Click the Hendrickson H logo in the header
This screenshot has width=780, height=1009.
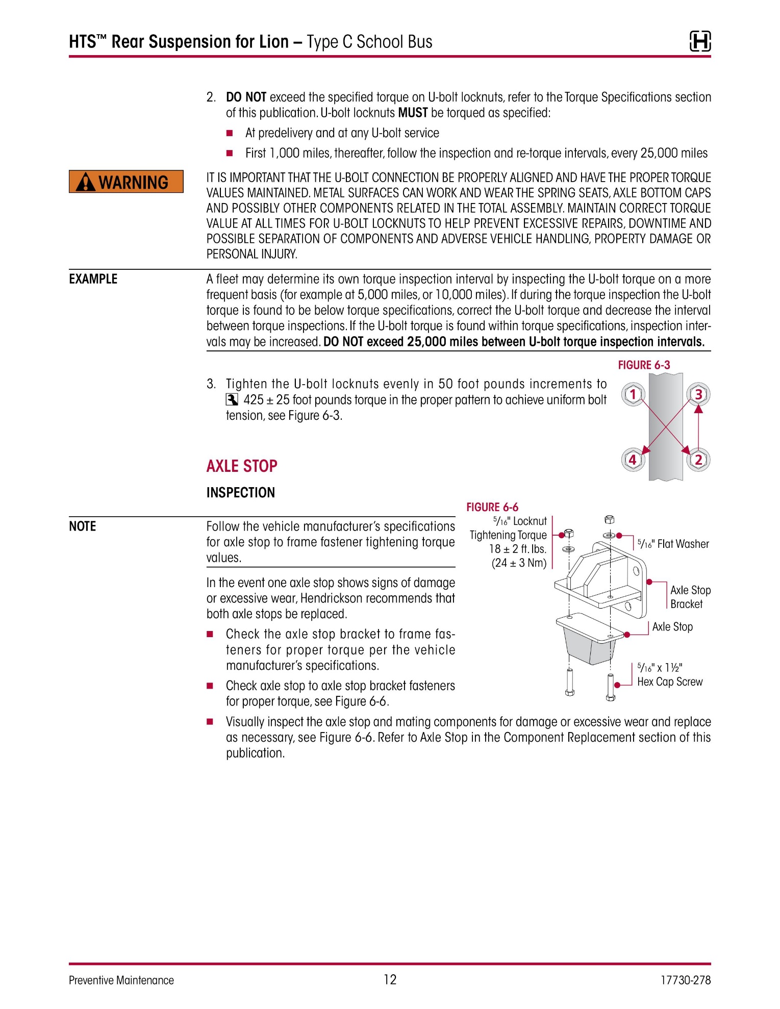(x=700, y=41)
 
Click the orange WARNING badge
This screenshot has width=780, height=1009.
(x=126, y=182)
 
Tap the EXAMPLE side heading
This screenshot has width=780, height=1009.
(x=93, y=279)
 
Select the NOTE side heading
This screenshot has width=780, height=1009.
(x=83, y=526)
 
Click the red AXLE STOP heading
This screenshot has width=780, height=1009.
(x=242, y=466)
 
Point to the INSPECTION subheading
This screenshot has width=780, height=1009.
(x=241, y=492)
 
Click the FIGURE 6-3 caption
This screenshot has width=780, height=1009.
(x=644, y=365)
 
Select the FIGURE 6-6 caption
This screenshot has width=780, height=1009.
(x=492, y=507)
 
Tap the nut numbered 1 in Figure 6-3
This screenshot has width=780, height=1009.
(x=633, y=394)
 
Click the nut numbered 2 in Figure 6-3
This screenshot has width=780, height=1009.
(x=698, y=460)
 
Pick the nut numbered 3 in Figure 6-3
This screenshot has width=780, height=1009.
(x=698, y=394)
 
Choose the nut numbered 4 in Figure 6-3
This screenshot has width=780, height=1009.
(x=633, y=460)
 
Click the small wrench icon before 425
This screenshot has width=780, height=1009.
(x=232, y=399)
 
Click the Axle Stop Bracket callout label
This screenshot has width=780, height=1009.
(x=690, y=597)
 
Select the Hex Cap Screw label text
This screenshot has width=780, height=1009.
(x=670, y=682)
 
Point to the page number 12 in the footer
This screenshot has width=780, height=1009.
(x=390, y=979)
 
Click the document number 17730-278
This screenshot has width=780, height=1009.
(x=686, y=980)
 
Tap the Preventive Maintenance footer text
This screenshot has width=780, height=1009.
(x=121, y=980)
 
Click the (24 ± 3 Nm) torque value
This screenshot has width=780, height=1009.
(x=519, y=563)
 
